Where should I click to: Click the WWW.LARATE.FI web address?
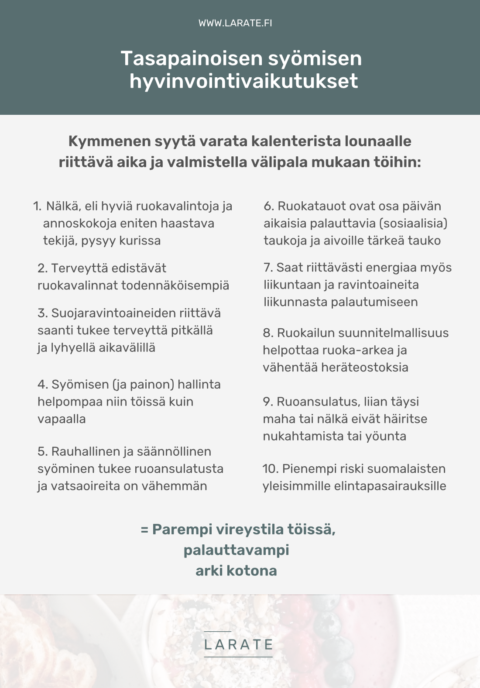(235, 23)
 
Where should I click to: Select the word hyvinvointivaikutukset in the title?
(243, 81)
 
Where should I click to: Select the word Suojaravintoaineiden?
(114, 313)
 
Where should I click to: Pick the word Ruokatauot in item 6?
(306, 206)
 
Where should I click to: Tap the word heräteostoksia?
(365, 367)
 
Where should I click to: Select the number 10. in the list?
(270, 469)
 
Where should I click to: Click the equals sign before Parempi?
(144, 530)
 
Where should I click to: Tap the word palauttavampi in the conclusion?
(236, 550)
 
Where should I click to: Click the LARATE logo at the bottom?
(238, 644)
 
